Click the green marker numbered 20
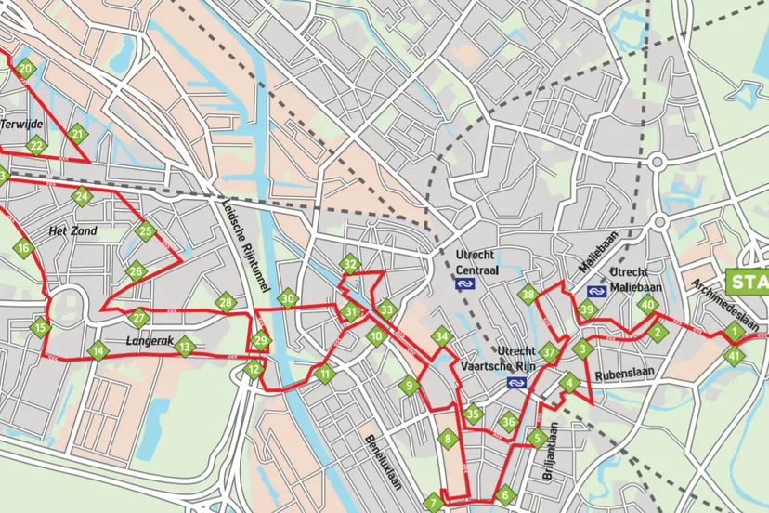coord(25,69)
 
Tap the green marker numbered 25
coord(144,231)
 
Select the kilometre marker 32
coord(349,265)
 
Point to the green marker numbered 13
coord(185,348)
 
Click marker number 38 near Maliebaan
coord(529,296)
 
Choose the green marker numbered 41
coord(736,355)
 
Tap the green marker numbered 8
coord(448,439)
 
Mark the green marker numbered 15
coord(39,327)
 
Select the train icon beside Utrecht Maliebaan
coord(597,289)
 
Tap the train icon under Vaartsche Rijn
coord(512,382)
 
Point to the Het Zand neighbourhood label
coord(72,230)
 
